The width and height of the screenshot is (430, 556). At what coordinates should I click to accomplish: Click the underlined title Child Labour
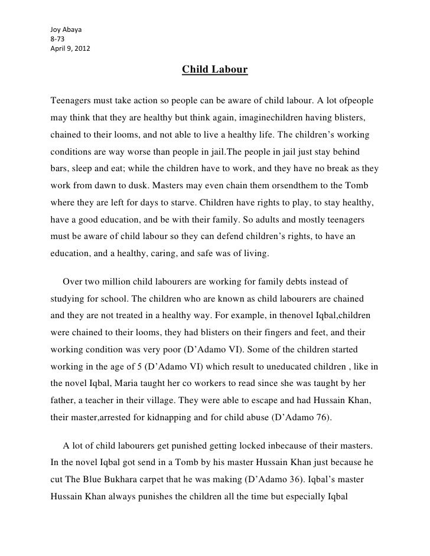[214, 71]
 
